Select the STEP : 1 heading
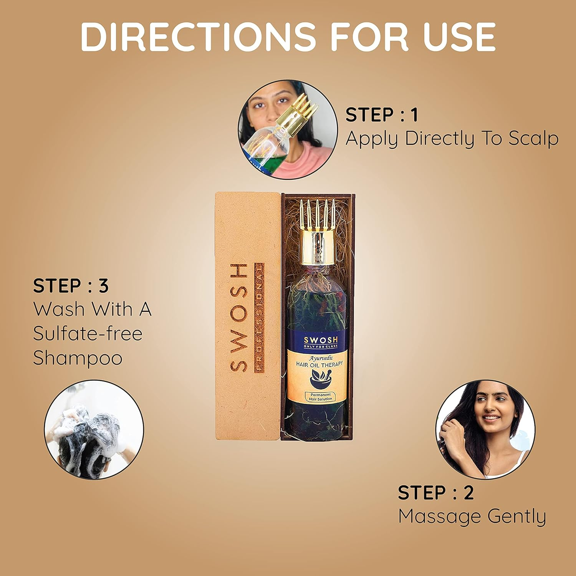[381, 115]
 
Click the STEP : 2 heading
[435, 493]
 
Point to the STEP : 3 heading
[71, 286]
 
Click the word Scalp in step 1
[533, 139]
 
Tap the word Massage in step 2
[440, 516]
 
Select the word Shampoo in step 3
[78, 358]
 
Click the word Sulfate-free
[88, 333]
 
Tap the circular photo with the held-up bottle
[287, 129]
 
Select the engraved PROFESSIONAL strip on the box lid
[260, 317]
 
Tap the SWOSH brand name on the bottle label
[321, 340]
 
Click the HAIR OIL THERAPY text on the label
[319, 364]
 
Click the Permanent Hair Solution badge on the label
[320, 397]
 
